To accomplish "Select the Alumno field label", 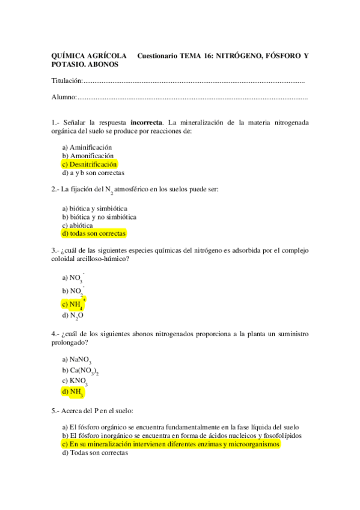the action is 64,97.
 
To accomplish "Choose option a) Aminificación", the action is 87,147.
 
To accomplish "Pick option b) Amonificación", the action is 88,155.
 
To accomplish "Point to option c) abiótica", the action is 78,225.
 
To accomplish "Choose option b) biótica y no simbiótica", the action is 99,217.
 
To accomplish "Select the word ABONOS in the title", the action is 104,64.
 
